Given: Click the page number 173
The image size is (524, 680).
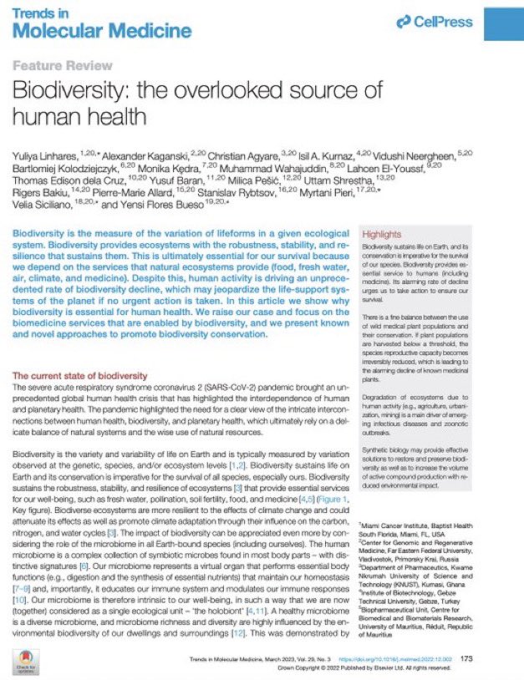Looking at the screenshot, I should point(466,658).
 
